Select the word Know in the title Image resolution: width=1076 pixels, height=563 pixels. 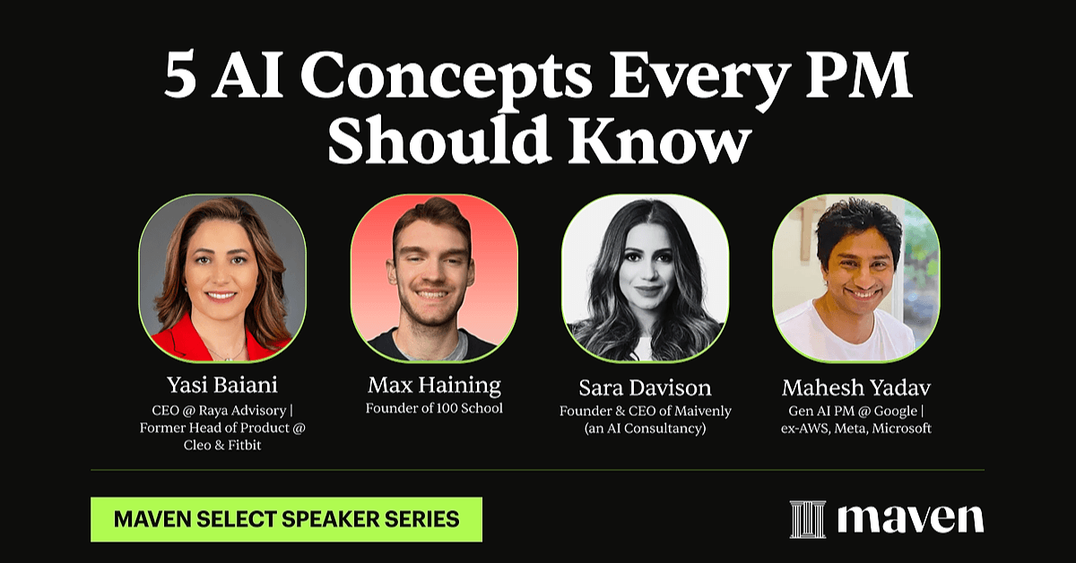point(660,138)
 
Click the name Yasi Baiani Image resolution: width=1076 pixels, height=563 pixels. point(222,385)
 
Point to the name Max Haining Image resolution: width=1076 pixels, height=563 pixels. point(434,385)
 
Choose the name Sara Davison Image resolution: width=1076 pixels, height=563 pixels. point(645,387)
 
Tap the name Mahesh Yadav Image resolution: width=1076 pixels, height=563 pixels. point(856,387)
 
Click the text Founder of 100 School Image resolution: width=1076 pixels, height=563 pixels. point(434,408)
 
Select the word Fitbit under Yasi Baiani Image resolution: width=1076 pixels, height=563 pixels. point(245,445)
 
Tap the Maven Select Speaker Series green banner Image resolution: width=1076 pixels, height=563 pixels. point(286,519)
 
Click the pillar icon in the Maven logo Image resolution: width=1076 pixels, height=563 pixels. point(808,519)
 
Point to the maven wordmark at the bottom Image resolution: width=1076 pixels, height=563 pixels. point(910,518)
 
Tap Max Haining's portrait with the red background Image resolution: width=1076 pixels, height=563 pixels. point(434,278)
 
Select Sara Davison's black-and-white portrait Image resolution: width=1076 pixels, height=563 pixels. point(645,278)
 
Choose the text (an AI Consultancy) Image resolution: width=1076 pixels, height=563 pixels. point(645,429)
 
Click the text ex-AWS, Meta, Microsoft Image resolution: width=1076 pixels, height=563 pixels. point(856,429)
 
